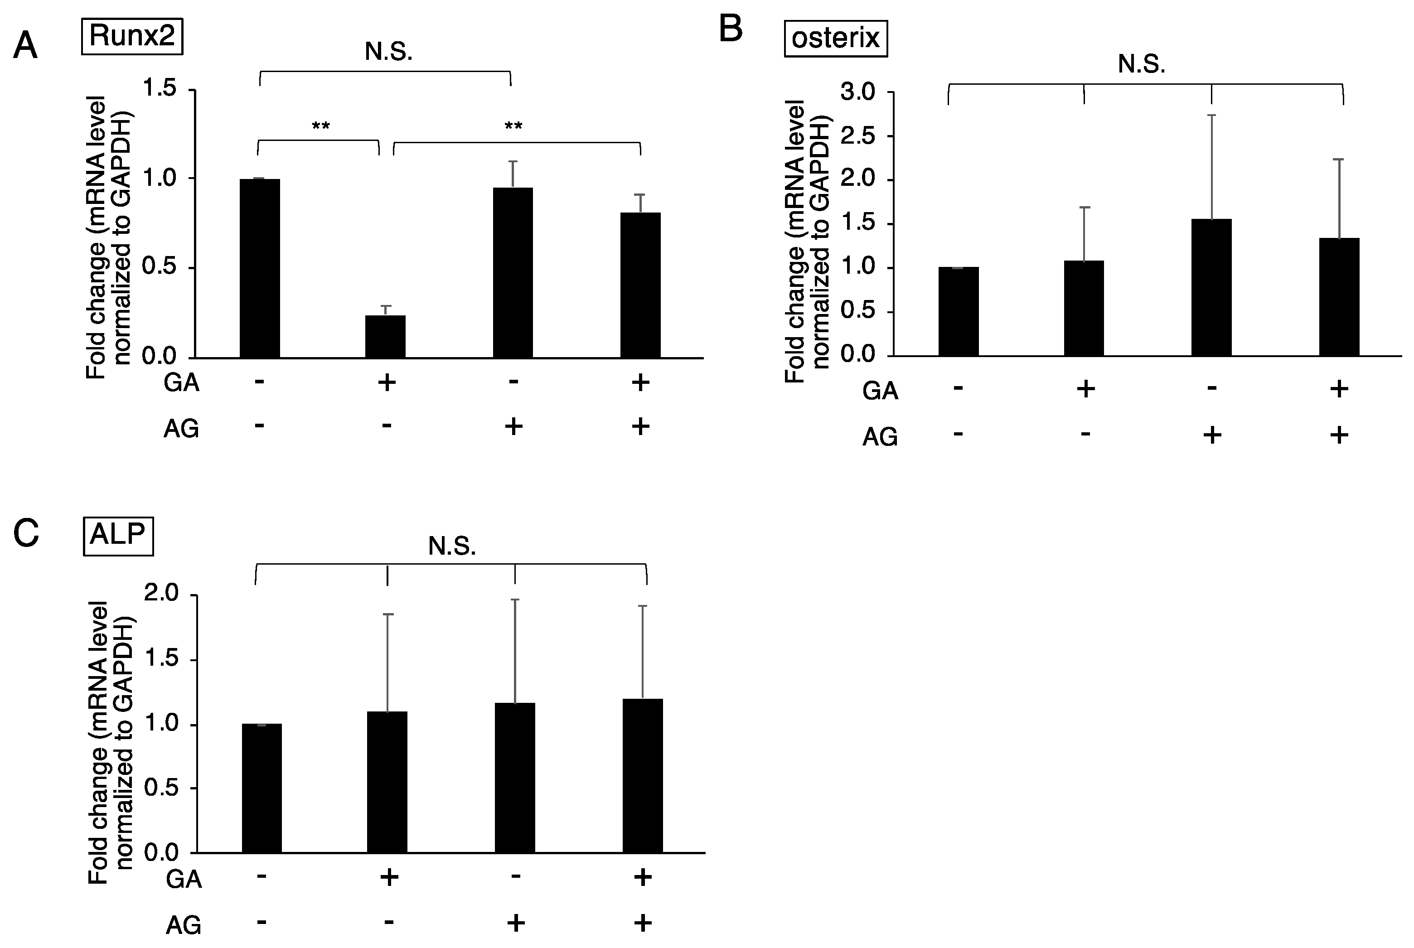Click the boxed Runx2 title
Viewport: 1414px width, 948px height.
pos(132,36)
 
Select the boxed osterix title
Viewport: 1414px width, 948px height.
pos(835,39)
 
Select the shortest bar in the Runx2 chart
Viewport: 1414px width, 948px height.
pos(385,336)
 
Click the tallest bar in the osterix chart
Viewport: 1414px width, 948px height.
pos(1211,287)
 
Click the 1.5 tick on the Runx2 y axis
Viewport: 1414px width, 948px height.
pos(159,89)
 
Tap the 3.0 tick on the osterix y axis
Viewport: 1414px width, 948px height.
pos(857,92)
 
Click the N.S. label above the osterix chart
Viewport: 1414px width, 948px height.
pos(1141,64)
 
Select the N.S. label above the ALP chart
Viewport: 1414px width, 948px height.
pos(451,547)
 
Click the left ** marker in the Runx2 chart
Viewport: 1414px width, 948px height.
pos(320,126)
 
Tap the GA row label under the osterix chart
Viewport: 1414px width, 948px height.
pos(880,391)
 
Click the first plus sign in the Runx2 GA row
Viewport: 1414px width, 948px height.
pos(386,382)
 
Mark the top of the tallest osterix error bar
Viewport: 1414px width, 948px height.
pos(1211,115)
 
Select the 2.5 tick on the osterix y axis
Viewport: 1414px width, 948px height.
pos(857,136)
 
